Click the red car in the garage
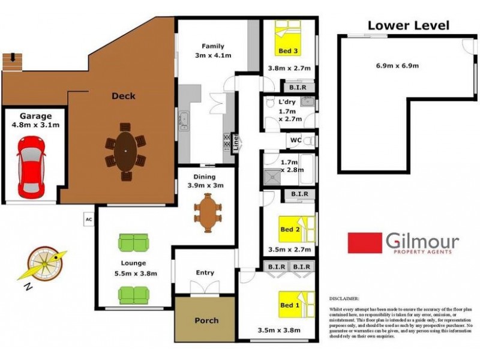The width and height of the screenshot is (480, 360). click(31, 166)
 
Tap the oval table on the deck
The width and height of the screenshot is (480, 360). click(125, 152)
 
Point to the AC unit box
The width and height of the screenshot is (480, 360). click(88, 219)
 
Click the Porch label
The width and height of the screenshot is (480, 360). click(206, 320)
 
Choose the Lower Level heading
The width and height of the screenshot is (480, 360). click(407, 25)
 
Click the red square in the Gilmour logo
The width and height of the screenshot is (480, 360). click(365, 243)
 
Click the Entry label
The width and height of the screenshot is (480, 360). click(205, 273)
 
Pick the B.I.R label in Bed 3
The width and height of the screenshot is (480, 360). click(299, 86)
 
